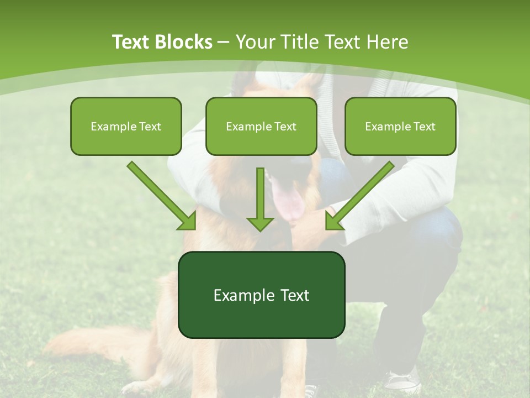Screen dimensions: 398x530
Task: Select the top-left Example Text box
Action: click(x=126, y=126)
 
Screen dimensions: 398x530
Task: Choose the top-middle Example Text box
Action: click(x=261, y=126)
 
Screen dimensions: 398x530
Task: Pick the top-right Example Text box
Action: click(x=400, y=126)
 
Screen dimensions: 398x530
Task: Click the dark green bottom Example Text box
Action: click(x=261, y=295)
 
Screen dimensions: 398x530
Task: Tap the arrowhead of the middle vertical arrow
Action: click(x=260, y=223)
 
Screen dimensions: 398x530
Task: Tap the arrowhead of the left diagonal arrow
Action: click(x=188, y=221)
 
